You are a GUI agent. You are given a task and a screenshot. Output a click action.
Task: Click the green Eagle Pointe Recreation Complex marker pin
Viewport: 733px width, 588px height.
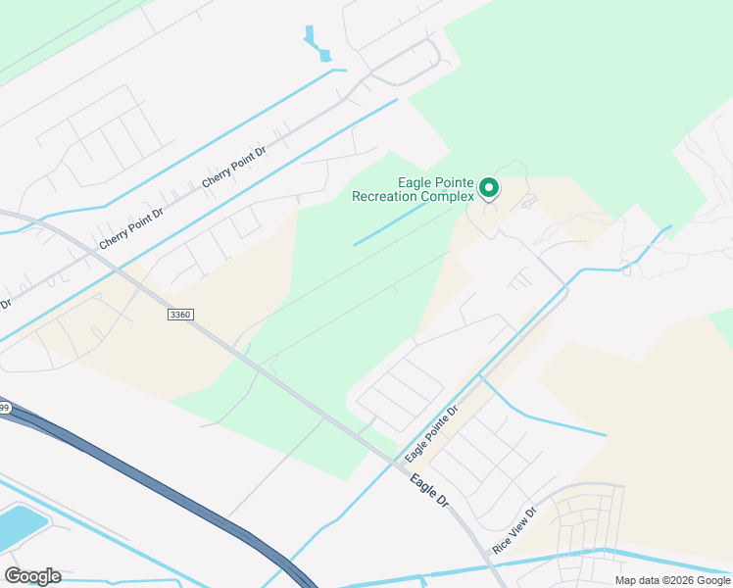(x=488, y=186)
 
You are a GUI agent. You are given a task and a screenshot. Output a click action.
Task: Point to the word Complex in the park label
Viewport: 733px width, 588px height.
(x=452, y=196)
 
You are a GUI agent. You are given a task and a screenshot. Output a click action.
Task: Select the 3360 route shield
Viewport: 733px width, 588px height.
(x=180, y=315)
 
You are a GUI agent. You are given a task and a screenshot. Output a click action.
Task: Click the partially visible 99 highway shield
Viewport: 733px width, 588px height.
(x=5, y=408)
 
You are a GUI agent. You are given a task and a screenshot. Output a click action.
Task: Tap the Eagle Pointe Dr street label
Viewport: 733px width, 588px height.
(x=432, y=436)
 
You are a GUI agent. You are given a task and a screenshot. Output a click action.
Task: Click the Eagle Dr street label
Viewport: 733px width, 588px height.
(x=429, y=490)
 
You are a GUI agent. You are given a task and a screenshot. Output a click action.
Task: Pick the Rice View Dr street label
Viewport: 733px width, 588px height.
(x=515, y=530)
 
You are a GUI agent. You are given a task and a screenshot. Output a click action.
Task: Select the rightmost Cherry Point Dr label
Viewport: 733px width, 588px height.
(x=234, y=168)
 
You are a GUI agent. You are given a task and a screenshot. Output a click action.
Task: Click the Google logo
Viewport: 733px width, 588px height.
(x=32, y=576)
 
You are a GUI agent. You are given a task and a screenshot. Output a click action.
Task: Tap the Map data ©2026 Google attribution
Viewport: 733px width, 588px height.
(x=671, y=580)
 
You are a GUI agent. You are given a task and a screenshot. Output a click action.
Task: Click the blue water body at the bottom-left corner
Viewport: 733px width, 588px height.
(x=20, y=526)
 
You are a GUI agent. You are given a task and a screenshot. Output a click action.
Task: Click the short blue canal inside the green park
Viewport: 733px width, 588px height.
(x=389, y=223)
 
